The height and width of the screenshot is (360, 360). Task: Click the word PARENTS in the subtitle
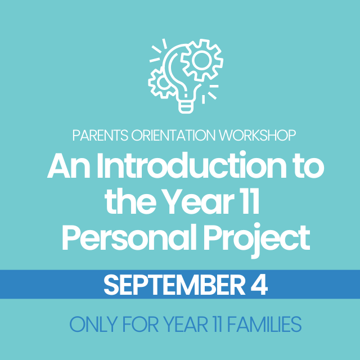[x=97, y=136]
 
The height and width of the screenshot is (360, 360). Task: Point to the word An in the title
[x=67, y=168]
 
